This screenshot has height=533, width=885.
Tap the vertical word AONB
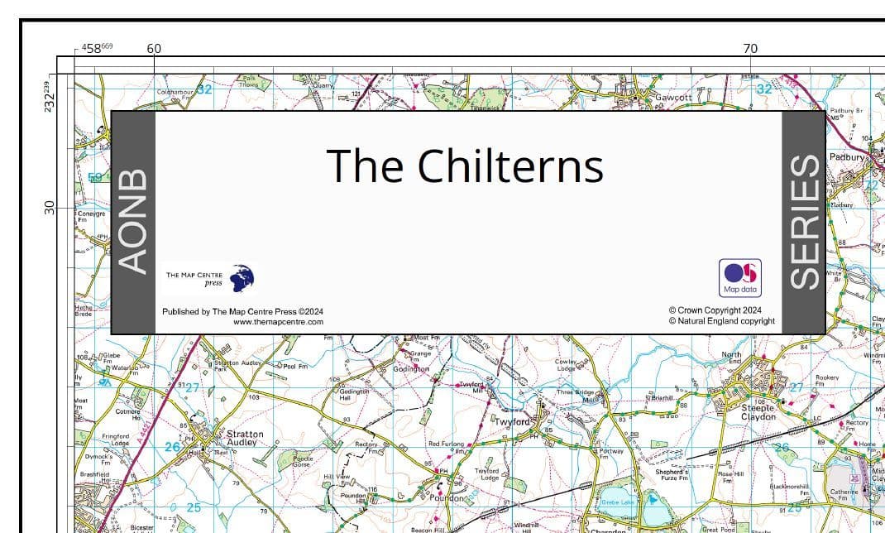click(133, 221)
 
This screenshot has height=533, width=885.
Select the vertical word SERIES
click(804, 222)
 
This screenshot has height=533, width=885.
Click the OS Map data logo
click(740, 277)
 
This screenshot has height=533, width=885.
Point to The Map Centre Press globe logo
click(242, 278)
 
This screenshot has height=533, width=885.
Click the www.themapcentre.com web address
click(278, 322)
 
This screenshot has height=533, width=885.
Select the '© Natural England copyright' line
click(721, 321)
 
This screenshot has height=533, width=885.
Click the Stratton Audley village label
click(245, 438)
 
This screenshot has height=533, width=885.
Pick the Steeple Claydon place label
click(758, 412)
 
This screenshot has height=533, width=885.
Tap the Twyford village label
click(514, 422)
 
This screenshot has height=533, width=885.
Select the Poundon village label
click(447, 498)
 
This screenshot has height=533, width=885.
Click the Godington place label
click(411, 369)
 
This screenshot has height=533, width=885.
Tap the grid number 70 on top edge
click(750, 49)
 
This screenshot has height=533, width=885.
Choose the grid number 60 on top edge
click(154, 49)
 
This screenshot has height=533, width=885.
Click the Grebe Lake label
click(617, 502)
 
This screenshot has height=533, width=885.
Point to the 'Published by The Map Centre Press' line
click(242, 312)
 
